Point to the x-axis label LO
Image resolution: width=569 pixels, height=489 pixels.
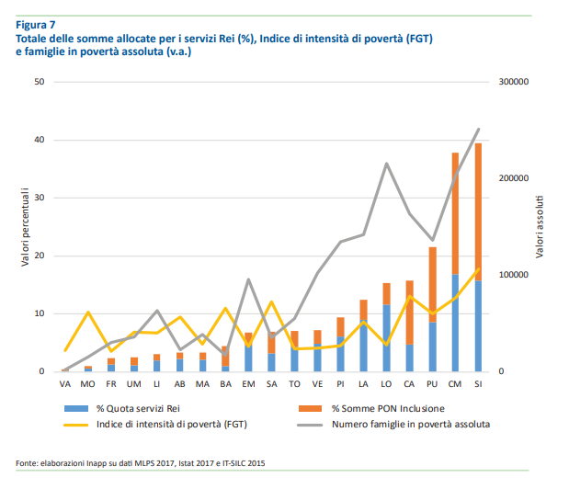(x=386, y=383)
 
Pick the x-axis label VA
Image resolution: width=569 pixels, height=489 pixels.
(x=64, y=383)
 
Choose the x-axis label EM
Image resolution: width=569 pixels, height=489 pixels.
(x=248, y=383)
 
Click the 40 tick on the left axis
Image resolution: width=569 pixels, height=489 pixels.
(x=39, y=140)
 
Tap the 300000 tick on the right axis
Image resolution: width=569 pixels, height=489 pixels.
(x=514, y=82)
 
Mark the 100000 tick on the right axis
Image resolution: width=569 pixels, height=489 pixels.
(x=514, y=275)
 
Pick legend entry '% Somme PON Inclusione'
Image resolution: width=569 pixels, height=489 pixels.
(x=386, y=407)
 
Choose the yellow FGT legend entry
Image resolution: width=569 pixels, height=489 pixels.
(x=180, y=425)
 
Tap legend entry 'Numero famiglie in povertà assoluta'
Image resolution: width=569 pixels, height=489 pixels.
(x=410, y=425)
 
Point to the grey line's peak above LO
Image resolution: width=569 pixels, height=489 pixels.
(x=386, y=164)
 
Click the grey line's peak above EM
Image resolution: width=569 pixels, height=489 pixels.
(x=248, y=279)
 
